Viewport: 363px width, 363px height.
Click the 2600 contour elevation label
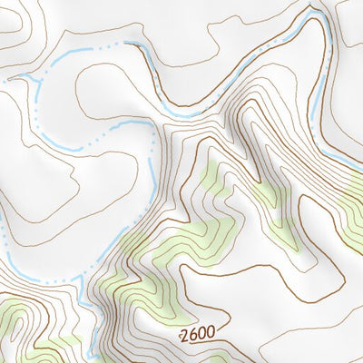click(197, 335)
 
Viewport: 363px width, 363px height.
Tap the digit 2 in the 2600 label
click(184, 336)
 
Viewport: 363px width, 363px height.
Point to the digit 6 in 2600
click(192, 336)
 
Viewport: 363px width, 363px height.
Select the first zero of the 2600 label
click(201, 335)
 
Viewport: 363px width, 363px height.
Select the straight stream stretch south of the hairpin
click(315, 82)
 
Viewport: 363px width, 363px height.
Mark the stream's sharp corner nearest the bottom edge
click(81, 281)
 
